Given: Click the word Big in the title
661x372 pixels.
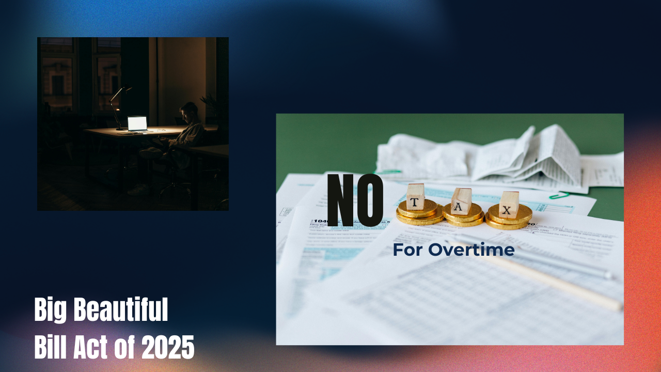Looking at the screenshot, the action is tap(51, 310).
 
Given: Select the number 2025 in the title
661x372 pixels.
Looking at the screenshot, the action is tap(168, 347).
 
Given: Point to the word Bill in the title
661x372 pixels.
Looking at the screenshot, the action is tap(51, 347).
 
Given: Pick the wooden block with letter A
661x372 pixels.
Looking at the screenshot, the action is tap(461, 201).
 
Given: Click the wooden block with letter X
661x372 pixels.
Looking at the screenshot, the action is tap(509, 205).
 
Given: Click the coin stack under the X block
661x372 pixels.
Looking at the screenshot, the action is tap(509, 218).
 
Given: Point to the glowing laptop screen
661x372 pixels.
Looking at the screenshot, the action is tap(137, 123).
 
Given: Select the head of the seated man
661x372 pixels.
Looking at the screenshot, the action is tap(188, 112).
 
